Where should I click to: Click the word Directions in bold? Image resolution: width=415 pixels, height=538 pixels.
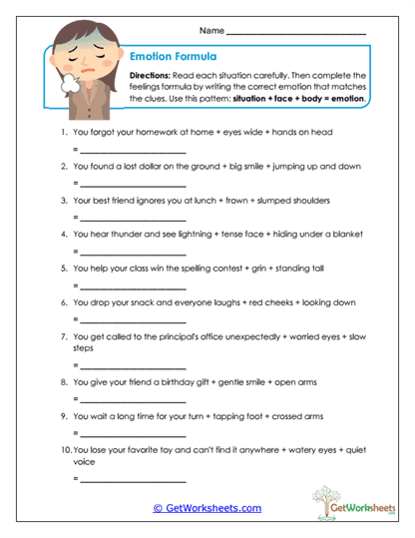click(152, 75)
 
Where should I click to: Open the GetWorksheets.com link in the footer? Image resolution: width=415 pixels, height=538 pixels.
click(207, 508)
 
